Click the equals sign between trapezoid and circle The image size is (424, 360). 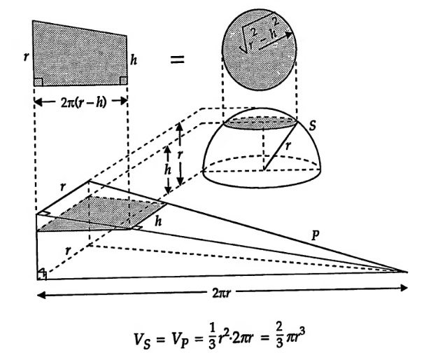(178, 61)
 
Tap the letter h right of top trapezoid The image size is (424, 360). (135, 62)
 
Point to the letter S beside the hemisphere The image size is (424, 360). (315, 125)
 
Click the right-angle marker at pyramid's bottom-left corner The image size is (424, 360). (41, 273)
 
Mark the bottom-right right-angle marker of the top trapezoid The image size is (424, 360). (123, 81)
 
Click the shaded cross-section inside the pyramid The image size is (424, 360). (105, 214)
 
